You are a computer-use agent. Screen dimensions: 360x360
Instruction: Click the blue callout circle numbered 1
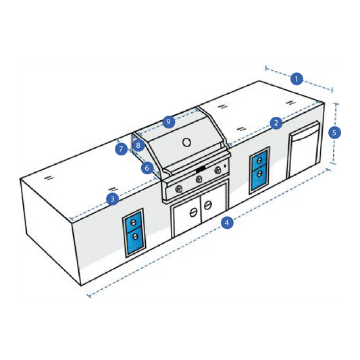(x=297, y=79)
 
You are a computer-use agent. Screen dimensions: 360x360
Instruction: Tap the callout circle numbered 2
(x=276, y=123)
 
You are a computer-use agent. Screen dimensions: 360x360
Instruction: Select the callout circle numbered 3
(x=113, y=199)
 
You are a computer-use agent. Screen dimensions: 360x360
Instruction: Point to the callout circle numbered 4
(x=227, y=223)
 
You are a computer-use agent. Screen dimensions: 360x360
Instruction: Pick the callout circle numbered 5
(x=334, y=132)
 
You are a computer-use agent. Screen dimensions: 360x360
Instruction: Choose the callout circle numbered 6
(x=147, y=168)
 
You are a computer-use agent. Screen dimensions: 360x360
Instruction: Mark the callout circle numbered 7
(x=121, y=149)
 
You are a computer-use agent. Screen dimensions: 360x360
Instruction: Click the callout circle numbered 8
(x=138, y=145)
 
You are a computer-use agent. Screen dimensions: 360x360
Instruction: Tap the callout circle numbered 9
(x=169, y=122)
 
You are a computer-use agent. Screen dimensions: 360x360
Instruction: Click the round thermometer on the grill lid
(x=186, y=143)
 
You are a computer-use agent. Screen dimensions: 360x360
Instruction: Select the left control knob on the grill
(x=179, y=189)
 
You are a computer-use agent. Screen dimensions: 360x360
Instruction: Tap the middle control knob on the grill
(x=199, y=179)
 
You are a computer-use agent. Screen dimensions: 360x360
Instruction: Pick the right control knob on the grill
(x=217, y=170)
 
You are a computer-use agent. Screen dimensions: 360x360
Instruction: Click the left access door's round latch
(x=193, y=213)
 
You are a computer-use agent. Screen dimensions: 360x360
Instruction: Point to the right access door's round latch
(x=208, y=205)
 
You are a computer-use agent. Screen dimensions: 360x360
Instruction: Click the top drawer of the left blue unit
(x=133, y=222)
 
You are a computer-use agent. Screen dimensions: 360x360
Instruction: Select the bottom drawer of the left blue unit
(x=134, y=241)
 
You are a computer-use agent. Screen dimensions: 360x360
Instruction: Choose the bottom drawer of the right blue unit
(x=259, y=178)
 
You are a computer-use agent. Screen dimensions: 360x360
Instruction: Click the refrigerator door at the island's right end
(x=304, y=149)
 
